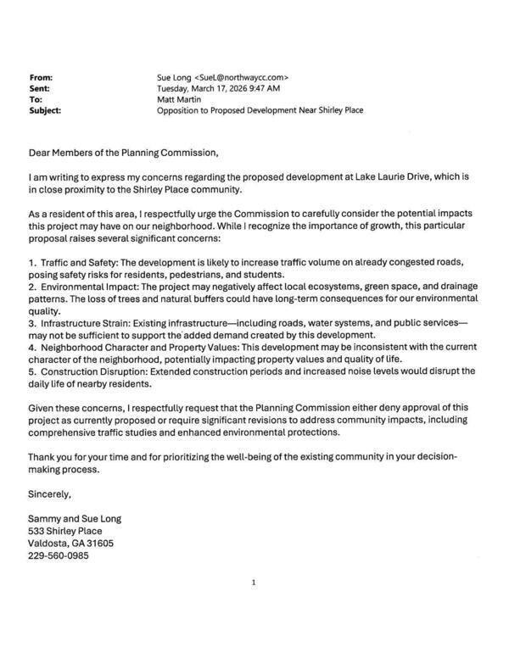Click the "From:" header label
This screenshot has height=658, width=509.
coord(41,76)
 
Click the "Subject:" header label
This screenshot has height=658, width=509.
coord(45,109)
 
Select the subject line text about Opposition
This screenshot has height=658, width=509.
coord(260,109)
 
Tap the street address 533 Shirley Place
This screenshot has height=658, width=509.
coord(65,531)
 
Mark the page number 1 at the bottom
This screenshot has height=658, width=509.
coord(254,582)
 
